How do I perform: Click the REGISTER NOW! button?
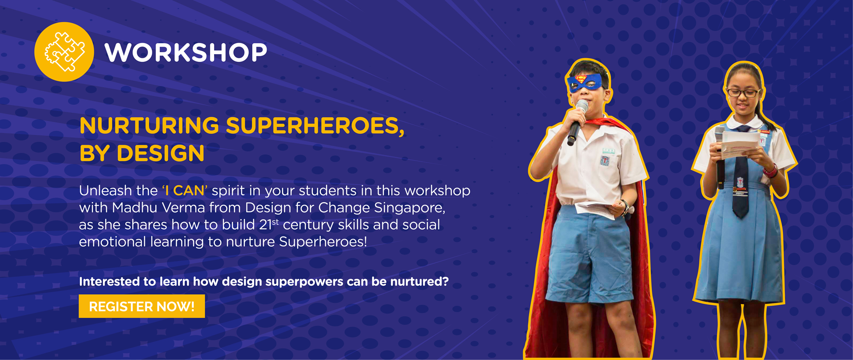142,306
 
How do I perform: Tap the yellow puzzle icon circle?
64,52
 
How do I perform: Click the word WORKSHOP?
186,52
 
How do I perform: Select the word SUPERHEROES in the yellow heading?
315,126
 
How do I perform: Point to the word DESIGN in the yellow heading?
160,154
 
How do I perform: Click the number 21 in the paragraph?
265,225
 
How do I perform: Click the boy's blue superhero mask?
586,83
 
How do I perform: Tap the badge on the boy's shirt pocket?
605,159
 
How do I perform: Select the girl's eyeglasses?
742,92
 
